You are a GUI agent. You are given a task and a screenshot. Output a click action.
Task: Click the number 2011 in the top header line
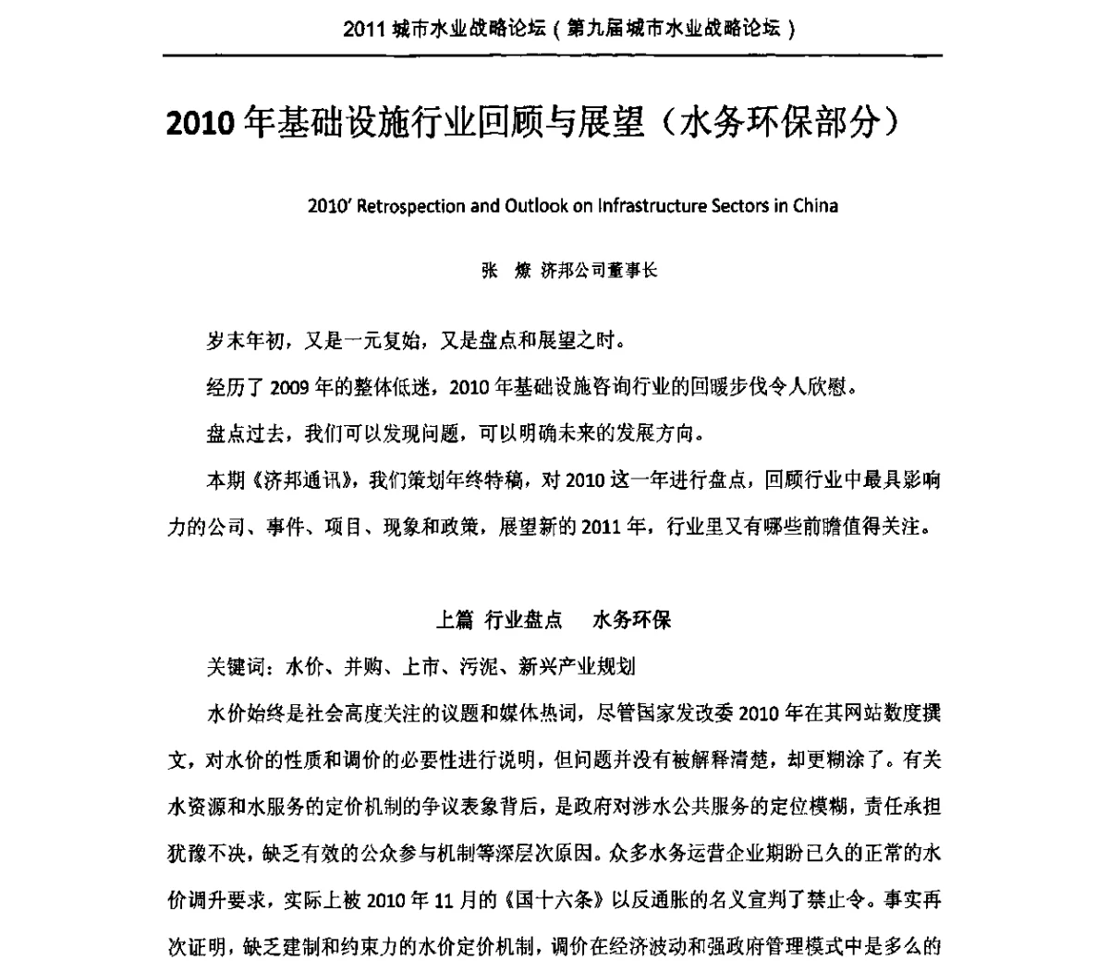363,28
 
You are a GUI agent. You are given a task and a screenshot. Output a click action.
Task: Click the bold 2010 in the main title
197,124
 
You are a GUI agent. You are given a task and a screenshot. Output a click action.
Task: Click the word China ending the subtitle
816,205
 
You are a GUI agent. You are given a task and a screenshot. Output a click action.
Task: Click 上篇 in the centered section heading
455,620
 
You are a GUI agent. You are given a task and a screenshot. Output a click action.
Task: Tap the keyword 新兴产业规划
589,666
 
